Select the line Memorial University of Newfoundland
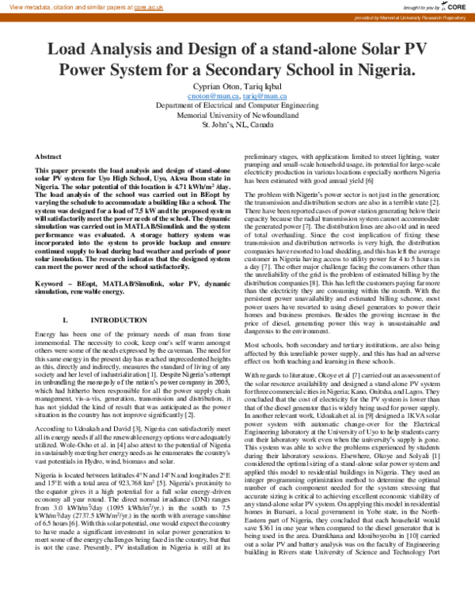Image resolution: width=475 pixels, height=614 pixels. point(237,115)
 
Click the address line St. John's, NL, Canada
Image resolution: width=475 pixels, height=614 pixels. point(237,125)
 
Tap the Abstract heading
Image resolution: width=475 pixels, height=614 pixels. point(49,158)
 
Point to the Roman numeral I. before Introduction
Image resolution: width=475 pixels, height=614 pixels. point(66,298)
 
